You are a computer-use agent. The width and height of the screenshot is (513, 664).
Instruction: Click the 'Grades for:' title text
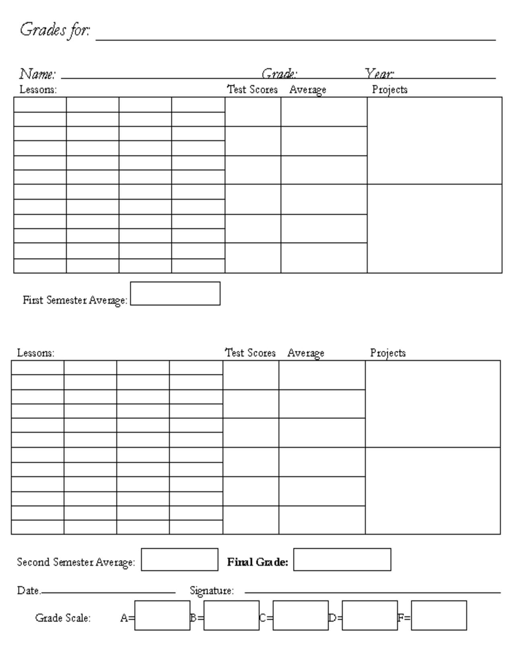55,30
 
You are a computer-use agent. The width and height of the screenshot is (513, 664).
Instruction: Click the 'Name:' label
37,74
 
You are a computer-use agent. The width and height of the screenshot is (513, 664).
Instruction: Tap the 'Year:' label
379,74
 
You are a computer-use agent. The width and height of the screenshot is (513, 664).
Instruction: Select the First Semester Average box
175,293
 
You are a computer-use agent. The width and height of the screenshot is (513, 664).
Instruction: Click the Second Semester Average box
179,559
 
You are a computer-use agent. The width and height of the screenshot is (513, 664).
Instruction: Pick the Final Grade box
342,559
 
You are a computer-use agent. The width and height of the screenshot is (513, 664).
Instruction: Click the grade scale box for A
162,615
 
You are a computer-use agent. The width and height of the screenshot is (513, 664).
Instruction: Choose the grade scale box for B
231,615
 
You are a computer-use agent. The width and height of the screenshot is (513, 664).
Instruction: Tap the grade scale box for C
301,615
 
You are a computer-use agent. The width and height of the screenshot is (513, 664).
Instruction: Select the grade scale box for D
370,615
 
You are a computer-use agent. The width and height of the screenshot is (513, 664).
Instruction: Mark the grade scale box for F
439,615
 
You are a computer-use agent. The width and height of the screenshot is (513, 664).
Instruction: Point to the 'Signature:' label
212,591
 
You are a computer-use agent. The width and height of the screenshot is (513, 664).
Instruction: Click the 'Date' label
28,591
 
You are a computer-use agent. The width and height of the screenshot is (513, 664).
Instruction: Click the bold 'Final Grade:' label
258,562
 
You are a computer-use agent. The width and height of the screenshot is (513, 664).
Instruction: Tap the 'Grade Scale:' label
63,618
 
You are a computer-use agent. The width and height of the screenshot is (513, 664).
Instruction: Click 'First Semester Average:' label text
75,300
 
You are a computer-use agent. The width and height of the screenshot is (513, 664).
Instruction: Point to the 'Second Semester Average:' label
76,562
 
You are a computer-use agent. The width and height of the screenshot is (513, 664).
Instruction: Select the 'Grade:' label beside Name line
279,74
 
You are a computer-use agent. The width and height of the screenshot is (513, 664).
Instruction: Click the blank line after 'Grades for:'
296,39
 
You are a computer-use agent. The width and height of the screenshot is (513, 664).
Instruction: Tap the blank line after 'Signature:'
373,592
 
